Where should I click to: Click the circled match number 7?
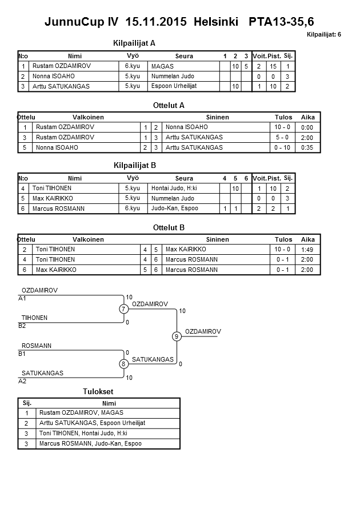[x=123, y=309]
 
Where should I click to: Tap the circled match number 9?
[x=177, y=336]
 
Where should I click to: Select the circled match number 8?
[x=123, y=364]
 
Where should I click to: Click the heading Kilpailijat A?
[x=135, y=43]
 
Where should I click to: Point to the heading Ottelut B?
[x=169, y=227]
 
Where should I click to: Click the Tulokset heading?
[x=98, y=391]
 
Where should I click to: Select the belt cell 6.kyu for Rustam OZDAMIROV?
[x=132, y=66]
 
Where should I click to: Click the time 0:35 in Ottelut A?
[x=307, y=148]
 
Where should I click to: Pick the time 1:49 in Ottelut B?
[x=307, y=250]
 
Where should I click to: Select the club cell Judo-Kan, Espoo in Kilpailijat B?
[x=174, y=209]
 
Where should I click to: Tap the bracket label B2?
[x=22, y=326]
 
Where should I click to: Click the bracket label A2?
[x=22, y=380]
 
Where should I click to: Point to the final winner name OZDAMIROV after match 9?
[x=203, y=331]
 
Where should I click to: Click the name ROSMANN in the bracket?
[x=37, y=346]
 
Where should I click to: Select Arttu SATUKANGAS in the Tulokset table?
[x=92, y=423]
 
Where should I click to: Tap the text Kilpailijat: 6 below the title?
[x=323, y=35]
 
